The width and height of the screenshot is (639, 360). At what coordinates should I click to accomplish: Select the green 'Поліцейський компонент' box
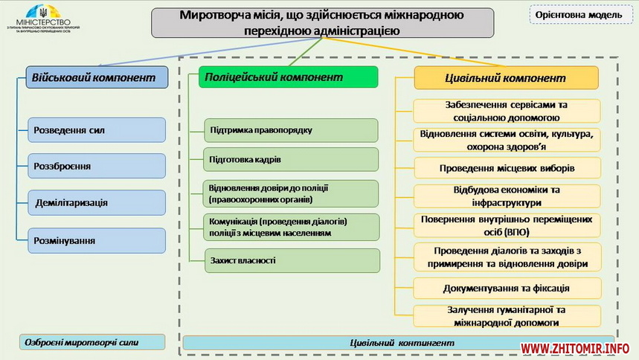click(x=288, y=77)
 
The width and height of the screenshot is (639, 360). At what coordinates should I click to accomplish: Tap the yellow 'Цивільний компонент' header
click(x=506, y=77)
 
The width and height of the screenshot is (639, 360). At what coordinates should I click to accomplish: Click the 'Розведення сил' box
click(x=96, y=130)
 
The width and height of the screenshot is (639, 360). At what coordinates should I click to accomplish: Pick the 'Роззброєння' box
click(x=96, y=166)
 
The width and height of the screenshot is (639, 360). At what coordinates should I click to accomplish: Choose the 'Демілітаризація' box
click(x=96, y=202)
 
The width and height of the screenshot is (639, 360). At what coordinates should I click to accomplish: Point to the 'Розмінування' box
click(x=96, y=240)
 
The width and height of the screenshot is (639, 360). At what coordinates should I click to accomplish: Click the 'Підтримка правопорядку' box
click(x=291, y=130)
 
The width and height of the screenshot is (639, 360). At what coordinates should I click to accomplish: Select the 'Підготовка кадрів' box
click(x=291, y=159)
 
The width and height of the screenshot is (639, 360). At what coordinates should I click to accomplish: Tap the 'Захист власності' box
click(x=291, y=260)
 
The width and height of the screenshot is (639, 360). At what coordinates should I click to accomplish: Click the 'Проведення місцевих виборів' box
click(x=507, y=167)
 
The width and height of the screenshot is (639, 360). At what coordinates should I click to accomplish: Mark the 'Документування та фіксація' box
click(x=507, y=288)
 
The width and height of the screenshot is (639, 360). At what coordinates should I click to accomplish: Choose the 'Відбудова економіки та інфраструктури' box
click(x=507, y=196)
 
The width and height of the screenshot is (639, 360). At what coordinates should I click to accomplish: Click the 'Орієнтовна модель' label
click(x=580, y=15)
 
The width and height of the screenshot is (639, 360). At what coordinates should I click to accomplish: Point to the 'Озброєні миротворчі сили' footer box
click(x=91, y=342)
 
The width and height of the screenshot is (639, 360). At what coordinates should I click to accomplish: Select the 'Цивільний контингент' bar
click(x=401, y=343)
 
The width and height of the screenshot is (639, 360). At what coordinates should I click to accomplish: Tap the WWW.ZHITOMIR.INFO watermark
click(x=575, y=348)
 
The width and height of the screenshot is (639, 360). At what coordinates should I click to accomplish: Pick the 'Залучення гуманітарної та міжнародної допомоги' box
click(x=507, y=316)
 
